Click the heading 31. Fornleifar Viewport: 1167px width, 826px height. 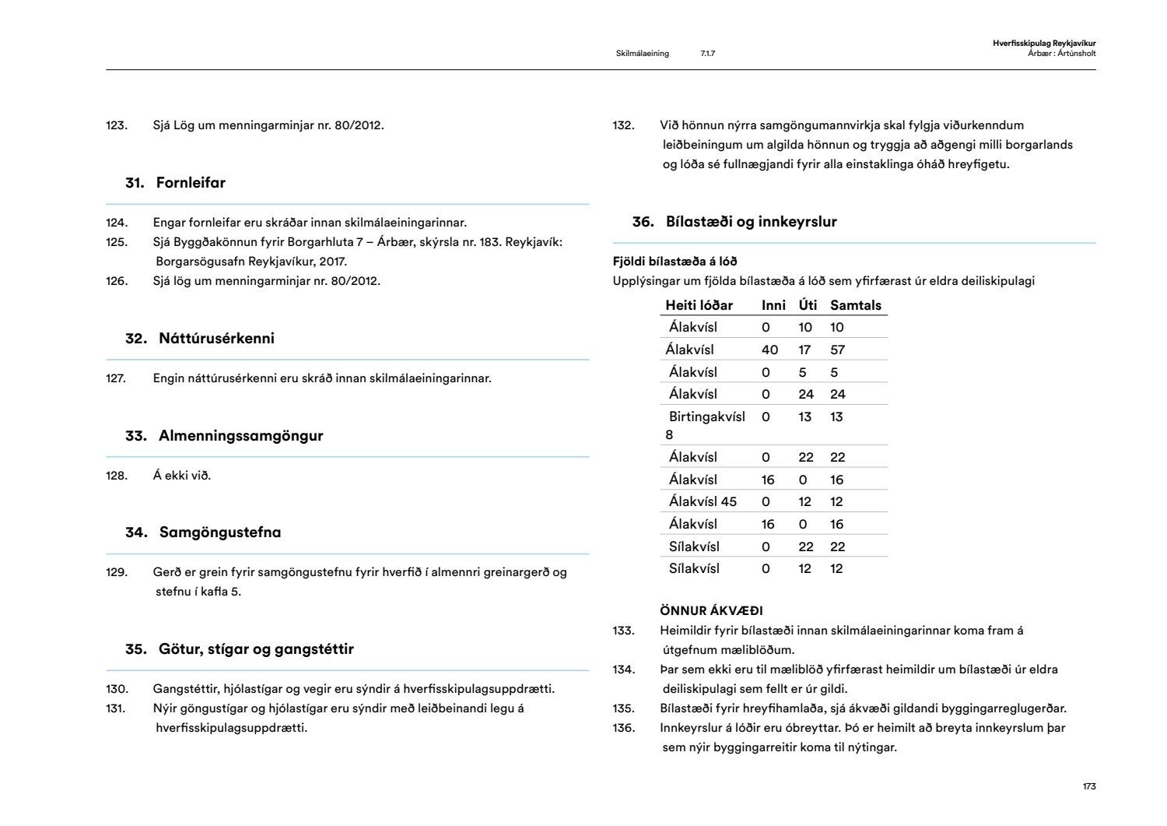175,183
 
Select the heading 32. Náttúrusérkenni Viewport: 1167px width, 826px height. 200,339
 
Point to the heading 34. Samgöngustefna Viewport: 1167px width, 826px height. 203,533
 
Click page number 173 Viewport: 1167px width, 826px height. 1089,786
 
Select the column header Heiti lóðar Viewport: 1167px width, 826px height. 699,305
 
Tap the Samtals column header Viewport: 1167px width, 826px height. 856,305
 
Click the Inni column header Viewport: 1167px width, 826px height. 773,305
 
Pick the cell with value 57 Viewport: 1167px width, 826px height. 837,350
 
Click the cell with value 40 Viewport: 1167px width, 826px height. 769,350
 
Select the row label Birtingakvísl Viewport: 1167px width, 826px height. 706,417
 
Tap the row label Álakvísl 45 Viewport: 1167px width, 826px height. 703,501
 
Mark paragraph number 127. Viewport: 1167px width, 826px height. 117,378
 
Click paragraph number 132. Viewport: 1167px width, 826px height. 624,125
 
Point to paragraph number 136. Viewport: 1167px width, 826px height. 624,728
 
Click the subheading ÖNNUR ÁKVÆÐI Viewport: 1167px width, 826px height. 711,611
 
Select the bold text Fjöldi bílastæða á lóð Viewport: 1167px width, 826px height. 675,262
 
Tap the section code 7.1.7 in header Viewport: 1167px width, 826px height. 707,54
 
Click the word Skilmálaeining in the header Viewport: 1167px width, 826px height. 642,54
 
